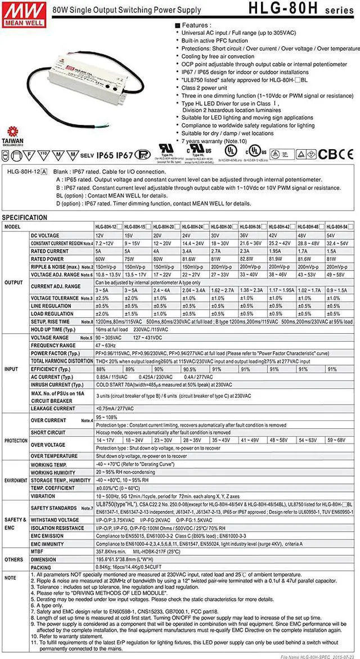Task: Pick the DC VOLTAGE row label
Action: pyautogui.click(x=45, y=235)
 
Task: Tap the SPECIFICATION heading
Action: pyautogui.click(x=25, y=217)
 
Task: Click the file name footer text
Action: pyautogui.click(x=318, y=654)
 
